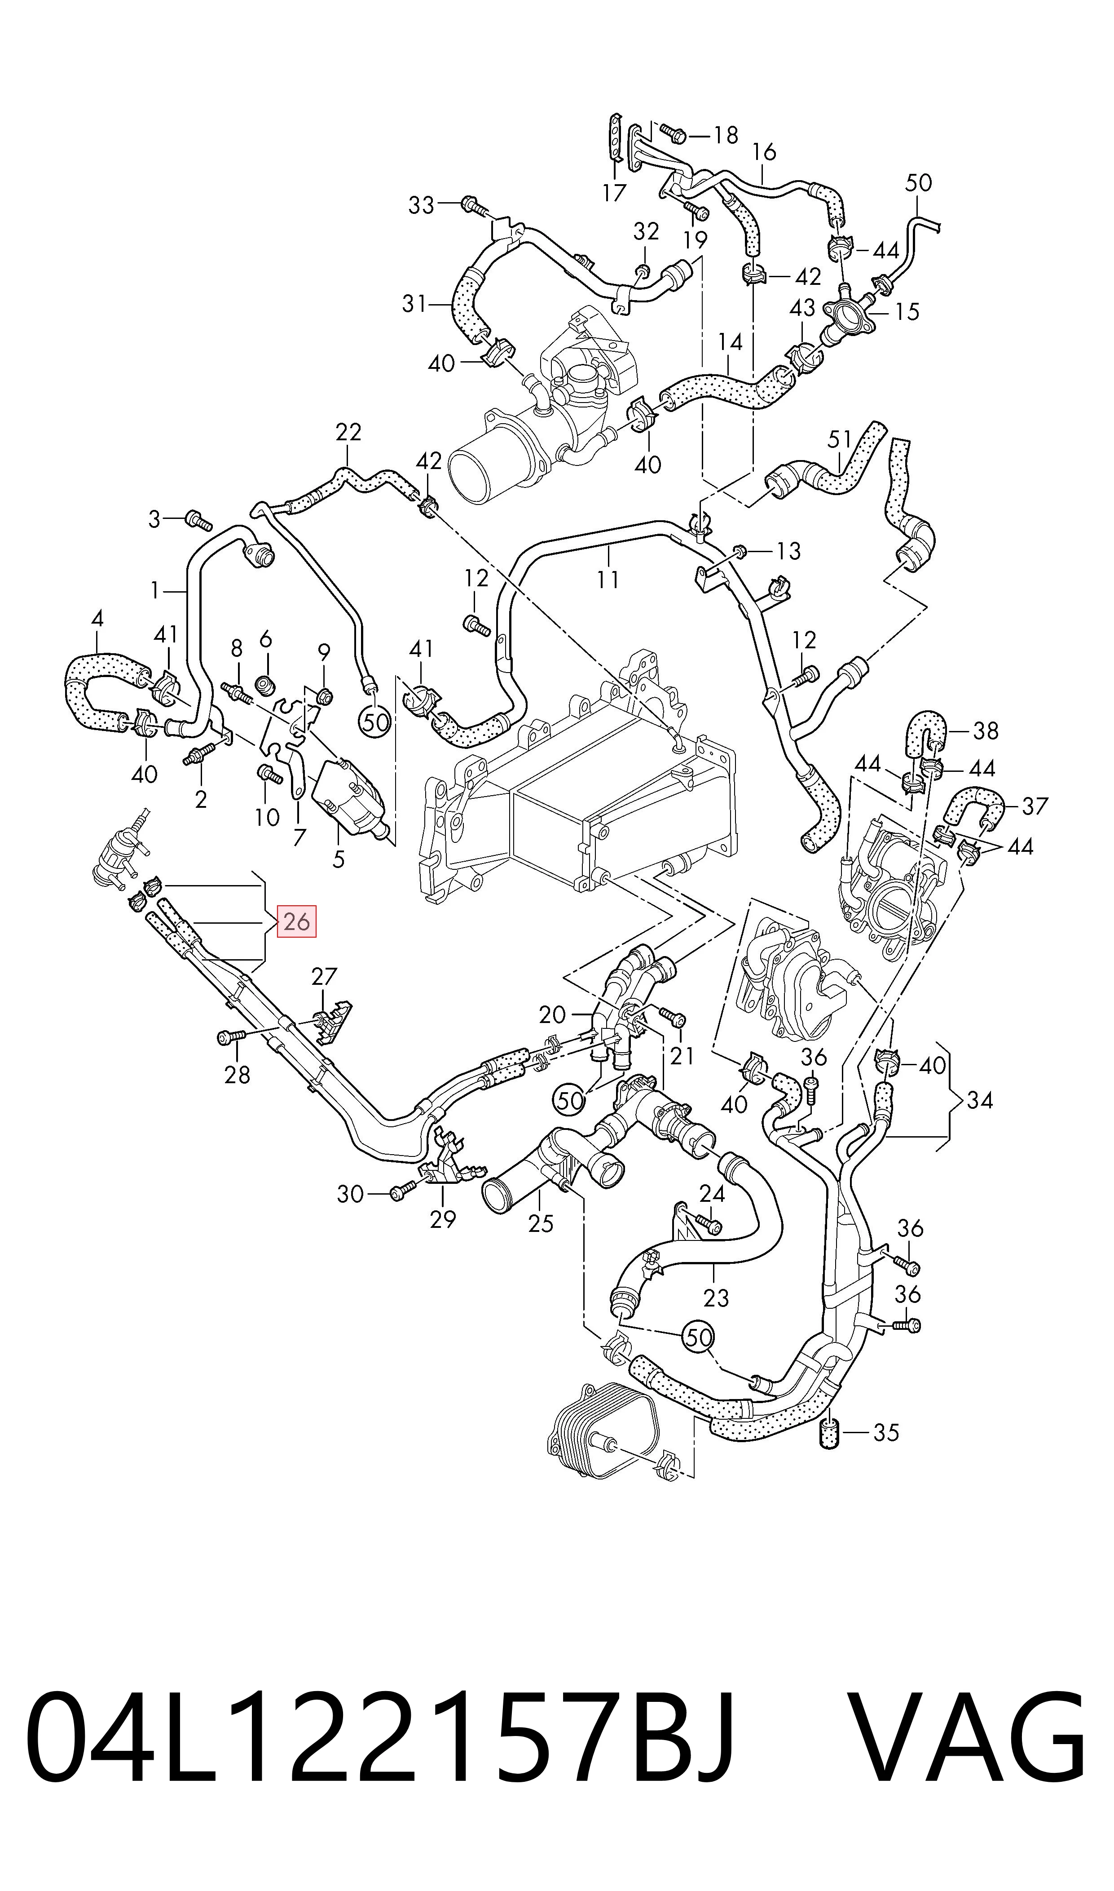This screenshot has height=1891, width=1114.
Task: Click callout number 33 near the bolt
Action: [x=421, y=204]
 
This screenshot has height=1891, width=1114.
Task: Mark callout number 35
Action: [x=886, y=1433]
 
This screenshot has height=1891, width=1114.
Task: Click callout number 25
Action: [x=541, y=1224]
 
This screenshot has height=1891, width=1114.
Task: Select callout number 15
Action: [x=907, y=312]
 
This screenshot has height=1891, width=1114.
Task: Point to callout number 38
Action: [x=986, y=730]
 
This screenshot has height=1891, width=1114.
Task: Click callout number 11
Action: [x=608, y=579]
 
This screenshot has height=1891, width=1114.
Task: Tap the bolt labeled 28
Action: [x=230, y=1037]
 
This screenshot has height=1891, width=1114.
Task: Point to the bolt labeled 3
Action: [x=198, y=520]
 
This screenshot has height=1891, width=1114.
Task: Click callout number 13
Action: [x=788, y=551]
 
